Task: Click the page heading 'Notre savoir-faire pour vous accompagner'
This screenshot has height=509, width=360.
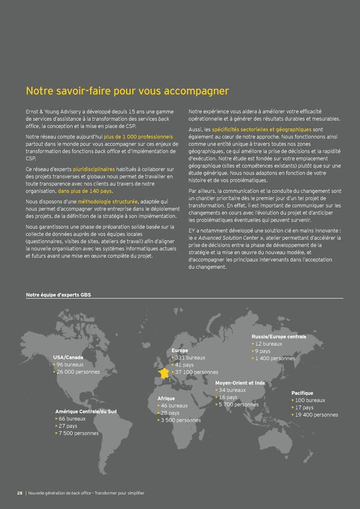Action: [127, 91]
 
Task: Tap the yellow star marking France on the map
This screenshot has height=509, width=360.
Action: [163, 374]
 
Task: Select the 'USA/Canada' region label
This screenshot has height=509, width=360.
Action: [68, 357]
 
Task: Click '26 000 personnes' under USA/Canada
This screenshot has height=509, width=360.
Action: [78, 372]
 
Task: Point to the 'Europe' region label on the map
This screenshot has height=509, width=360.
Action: [180, 350]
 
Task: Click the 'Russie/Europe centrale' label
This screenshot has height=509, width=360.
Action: [280, 336]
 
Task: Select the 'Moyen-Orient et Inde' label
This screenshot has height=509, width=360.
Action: [239, 382]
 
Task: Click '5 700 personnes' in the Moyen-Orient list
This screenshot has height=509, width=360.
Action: [239, 405]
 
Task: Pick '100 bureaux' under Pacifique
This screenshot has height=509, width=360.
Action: [310, 400]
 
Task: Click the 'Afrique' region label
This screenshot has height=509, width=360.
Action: [166, 398]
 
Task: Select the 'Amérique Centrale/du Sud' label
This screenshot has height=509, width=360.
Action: [81, 411]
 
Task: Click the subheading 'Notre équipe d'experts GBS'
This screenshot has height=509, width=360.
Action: [58, 295]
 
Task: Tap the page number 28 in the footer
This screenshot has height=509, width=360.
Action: [20, 493]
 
